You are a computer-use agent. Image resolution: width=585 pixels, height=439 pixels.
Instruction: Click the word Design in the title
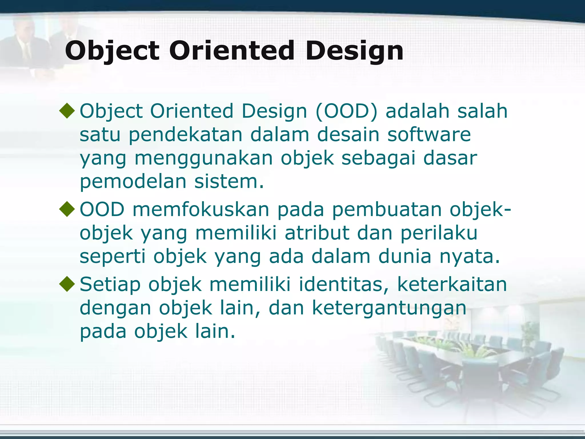(354, 51)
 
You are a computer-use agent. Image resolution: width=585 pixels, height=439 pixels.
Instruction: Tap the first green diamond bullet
(67, 111)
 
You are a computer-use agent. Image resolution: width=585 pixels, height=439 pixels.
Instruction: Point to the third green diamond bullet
(67, 284)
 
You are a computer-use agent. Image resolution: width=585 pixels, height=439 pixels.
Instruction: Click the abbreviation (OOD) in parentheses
(346, 111)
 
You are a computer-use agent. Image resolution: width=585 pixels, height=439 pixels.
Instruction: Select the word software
(429, 134)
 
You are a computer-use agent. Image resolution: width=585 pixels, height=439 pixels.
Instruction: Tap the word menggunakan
(204, 158)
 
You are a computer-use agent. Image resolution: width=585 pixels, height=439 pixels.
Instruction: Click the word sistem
(229, 181)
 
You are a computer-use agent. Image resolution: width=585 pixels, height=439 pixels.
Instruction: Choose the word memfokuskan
(201, 209)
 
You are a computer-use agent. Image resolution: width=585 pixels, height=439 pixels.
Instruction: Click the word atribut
(317, 233)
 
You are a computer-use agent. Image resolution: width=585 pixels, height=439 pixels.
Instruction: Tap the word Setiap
(110, 285)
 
